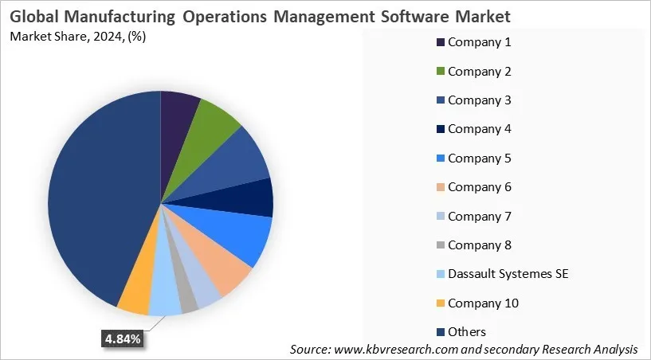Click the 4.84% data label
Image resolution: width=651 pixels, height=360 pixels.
click(x=123, y=339)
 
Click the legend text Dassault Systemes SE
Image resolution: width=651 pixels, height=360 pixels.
click(x=508, y=274)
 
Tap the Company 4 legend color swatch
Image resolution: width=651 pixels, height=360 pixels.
click(x=439, y=129)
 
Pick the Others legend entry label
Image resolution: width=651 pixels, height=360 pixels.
click(x=467, y=331)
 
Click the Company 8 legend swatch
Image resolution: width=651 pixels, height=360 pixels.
click(x=439, y=245)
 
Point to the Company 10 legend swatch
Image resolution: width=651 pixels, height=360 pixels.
click(x=439, y=303)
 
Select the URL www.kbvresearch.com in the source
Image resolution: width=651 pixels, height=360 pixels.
click(x=405, y=350)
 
